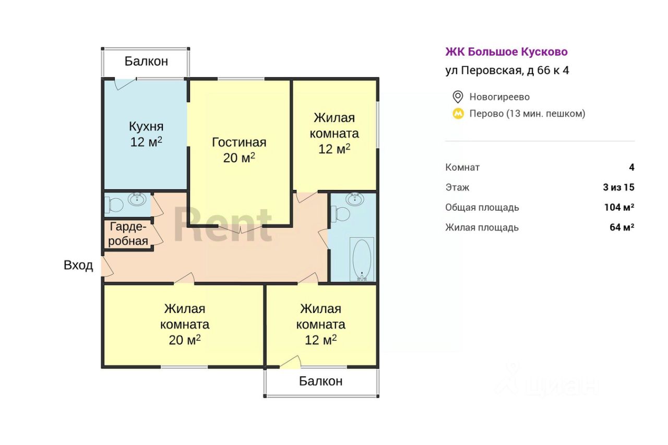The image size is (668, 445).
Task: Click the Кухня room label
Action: (x=146, y=126)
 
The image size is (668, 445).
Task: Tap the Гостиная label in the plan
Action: (x=239, y=142)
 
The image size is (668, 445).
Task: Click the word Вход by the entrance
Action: (x=78, y=265)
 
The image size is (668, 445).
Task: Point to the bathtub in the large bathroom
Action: (x=362, y=259)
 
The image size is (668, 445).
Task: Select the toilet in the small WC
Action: (x=114, y=205)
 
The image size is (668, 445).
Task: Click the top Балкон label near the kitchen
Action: (x=146, y=61)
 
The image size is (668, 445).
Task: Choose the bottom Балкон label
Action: (x=321, y=381)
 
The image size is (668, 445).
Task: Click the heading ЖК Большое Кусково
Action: (x=506, y=52)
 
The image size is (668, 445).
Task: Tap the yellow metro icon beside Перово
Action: (x=458, y=113)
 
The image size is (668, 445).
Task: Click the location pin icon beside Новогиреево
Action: (x=458, y=97)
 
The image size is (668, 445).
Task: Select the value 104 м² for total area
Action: (x=619, y=207)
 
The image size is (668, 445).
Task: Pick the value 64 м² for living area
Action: (x=622, y=227)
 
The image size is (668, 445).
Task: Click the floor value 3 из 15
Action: (x=619, y=187)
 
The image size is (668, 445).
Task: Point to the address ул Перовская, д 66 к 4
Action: (x=507, y=70)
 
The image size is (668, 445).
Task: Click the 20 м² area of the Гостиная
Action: (x=239, y=158)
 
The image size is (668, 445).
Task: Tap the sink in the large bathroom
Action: (x=355, y=199)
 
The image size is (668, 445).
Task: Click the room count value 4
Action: (x=631, y=167)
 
